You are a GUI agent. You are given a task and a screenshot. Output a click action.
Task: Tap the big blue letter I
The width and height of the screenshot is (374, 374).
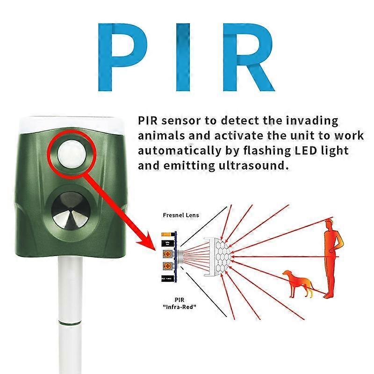(x=183, y=57)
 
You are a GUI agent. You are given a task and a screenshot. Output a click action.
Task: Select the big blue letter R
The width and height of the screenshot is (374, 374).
(x=248, y=57)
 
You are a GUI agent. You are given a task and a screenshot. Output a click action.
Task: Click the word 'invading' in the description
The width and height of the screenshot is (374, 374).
(x=312, y=121)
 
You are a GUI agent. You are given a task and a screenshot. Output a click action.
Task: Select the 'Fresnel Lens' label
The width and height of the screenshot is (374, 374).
(x=181, y=215)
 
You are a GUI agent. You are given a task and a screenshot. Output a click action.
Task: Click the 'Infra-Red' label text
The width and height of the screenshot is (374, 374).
(x=180, y=307)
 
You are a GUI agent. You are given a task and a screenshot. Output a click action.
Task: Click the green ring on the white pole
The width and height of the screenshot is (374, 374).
(x=70, y=324)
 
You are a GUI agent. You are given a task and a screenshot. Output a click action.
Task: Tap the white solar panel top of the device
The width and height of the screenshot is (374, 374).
(x=71, y=124)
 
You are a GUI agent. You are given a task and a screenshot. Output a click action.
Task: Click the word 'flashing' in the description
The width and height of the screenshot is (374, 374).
(x=267, y=151)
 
